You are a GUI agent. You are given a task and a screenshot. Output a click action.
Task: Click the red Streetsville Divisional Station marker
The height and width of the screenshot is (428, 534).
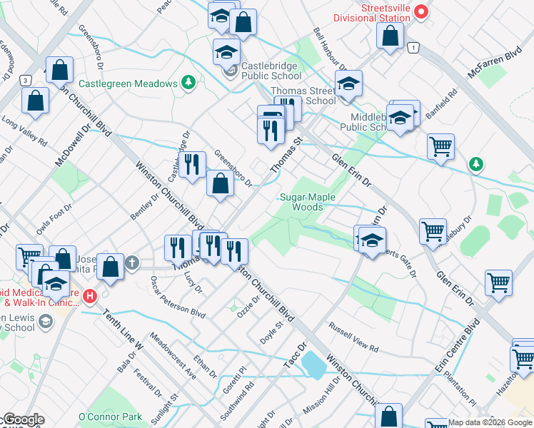pos(421,11)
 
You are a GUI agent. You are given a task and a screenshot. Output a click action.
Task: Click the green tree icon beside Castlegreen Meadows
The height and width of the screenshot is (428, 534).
pos(188,83)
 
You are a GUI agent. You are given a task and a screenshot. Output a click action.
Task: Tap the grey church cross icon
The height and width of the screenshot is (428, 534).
pos(131,264)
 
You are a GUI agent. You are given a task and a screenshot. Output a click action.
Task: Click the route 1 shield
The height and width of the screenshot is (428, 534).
pos(413,47)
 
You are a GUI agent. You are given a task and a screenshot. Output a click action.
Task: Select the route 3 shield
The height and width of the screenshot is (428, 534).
pos(25,81)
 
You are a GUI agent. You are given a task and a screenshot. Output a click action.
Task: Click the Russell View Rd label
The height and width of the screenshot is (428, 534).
pos(353,336)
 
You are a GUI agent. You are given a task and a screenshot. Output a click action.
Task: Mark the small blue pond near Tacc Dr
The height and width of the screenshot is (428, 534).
pos(314,365)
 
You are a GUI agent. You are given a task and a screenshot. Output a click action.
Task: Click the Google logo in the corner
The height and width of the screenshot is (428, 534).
pos(23,420)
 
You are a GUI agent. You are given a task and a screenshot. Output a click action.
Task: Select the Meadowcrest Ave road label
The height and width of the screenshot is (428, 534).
pos(172,354)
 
